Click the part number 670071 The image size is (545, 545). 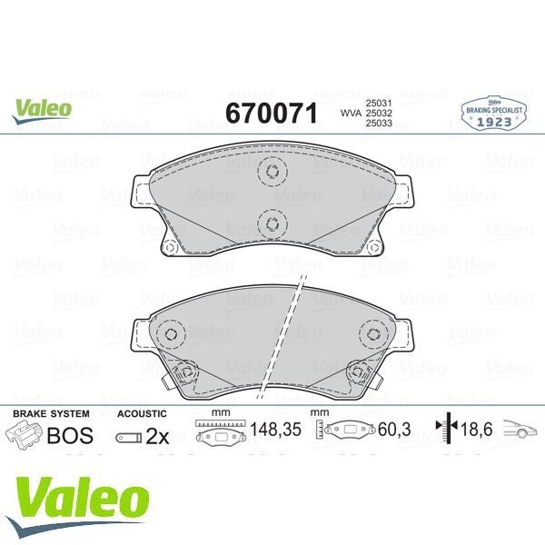tap(271, 113)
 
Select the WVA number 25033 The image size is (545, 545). tap(378, 124)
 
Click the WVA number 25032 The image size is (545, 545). tap(378, 113)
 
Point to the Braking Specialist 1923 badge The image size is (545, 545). tap(496, 113)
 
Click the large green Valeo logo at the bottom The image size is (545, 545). tap(82, 500)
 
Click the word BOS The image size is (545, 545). tap(70, 435)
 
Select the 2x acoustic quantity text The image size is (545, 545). tap(157, 436)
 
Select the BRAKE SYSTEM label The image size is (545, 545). tap(51, 413)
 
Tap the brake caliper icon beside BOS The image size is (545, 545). tap(25, 436)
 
